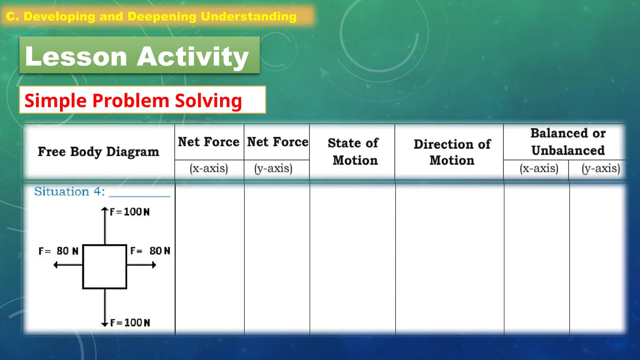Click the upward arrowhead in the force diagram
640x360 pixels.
tap(105, 210)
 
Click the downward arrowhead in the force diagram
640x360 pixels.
tap(105, 324)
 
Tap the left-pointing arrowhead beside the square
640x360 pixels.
tap(56, 265)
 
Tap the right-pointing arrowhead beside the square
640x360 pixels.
tap(153, 265)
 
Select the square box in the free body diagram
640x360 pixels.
tap(105, 267)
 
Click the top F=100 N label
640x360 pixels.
tap(130, 212)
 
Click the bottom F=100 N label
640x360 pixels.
tap(130, 322)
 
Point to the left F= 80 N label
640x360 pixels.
tap(58, 251)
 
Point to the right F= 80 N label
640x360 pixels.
tap(150, 251)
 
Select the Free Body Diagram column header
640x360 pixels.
tap(98, 152)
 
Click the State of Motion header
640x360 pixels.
tap(353, 152)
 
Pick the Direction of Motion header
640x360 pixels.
tap(452, 152)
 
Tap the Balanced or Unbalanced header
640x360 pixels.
tap(568, 142)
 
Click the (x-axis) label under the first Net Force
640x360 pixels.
tap(209, 168)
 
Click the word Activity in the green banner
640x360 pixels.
tap(193, 56)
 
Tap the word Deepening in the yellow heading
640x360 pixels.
tap(162, 17)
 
